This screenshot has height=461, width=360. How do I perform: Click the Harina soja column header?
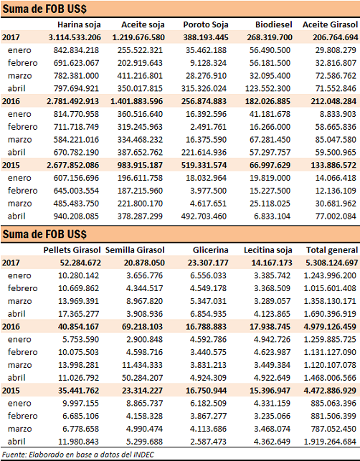tap(79, 24)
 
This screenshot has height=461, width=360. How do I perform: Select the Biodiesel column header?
tap(273, 24)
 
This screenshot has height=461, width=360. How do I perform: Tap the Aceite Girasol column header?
tap(330, 24)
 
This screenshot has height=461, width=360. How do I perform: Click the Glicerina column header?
tap(210, 250)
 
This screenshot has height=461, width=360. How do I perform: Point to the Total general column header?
tap(332, 250)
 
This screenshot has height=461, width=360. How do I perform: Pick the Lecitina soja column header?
tap(268, 250)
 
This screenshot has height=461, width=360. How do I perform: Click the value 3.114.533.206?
tap(75, 37)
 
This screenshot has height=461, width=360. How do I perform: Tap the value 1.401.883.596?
tap(136, 101)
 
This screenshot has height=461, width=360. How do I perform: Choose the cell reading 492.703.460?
tap(204, 217)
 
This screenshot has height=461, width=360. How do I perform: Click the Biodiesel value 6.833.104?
tap(272, 217)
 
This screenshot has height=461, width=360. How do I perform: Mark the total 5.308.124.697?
tap(332, 263)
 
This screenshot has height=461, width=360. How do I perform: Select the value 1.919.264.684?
tap(330, 442)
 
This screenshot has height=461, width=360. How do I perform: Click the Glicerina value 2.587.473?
tap(208, 442)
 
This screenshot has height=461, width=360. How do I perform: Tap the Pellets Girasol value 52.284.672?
tap(80, 263)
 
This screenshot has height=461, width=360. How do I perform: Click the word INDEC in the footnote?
tap(143, 455)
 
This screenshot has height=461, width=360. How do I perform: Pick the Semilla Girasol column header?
tap(135, 250)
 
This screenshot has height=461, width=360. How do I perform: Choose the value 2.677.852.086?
tap(72, 165)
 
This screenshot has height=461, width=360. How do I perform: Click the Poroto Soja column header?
tap(206, 24)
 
